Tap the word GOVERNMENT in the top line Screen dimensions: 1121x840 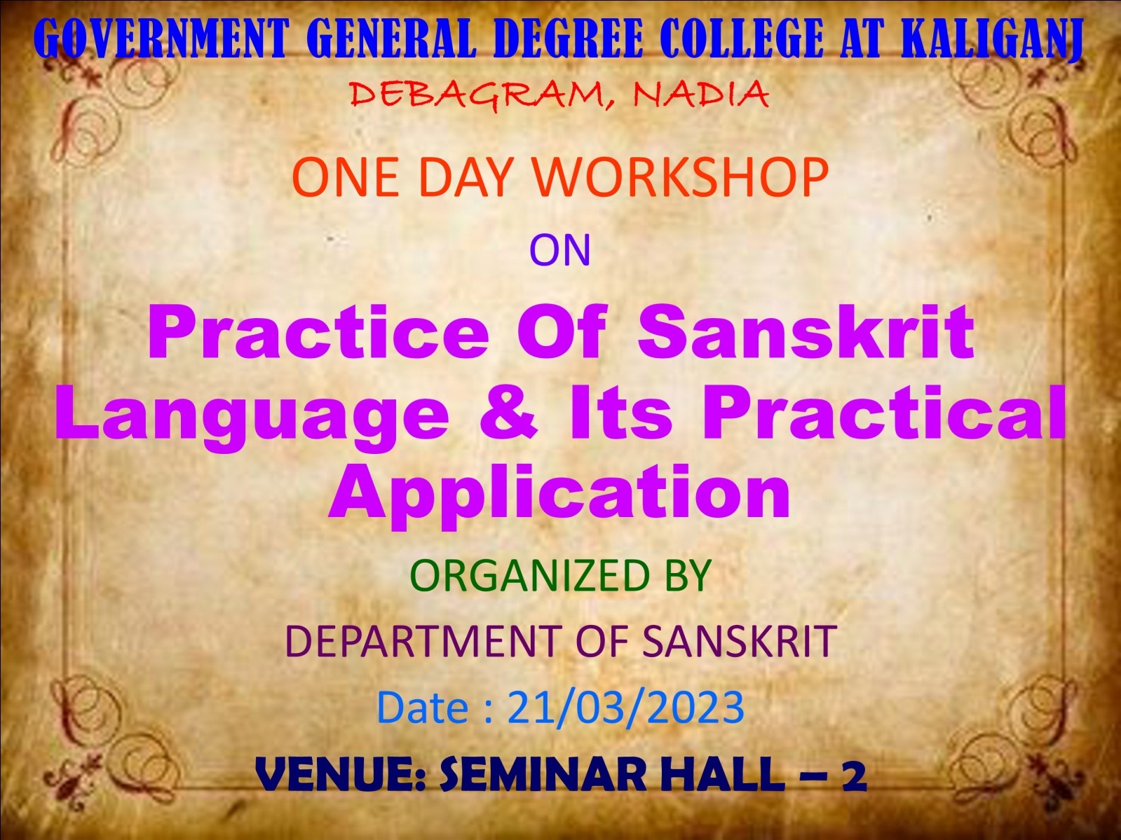[162, 39]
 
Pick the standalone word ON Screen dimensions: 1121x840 [559, 250]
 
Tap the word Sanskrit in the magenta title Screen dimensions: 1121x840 [806, 331]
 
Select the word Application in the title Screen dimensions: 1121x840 [559, 493]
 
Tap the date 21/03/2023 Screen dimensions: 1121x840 [625, 708]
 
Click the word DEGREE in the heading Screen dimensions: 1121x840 [567, 39]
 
